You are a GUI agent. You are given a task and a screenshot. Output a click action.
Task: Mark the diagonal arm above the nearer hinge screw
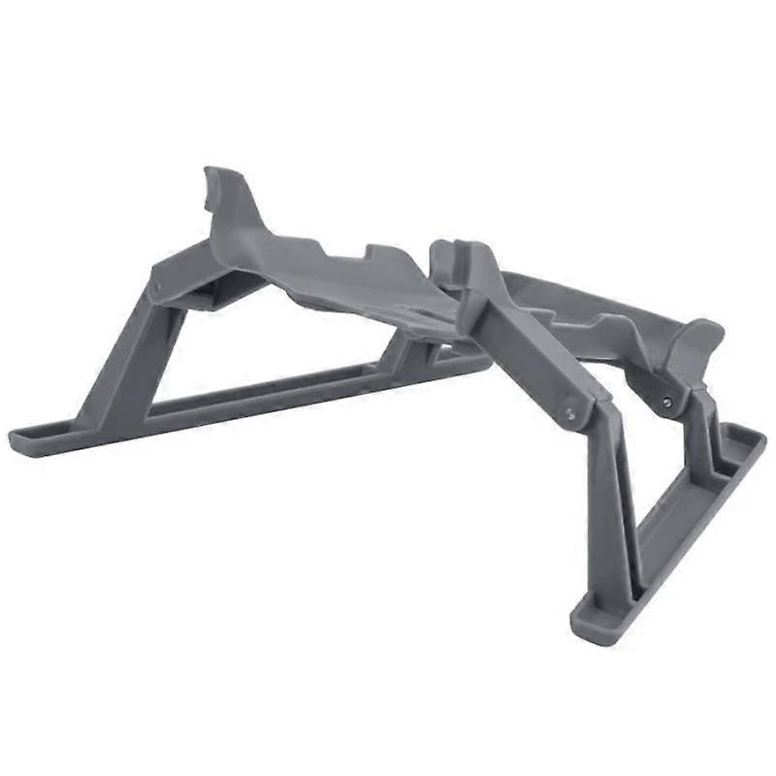coord(529,349)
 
